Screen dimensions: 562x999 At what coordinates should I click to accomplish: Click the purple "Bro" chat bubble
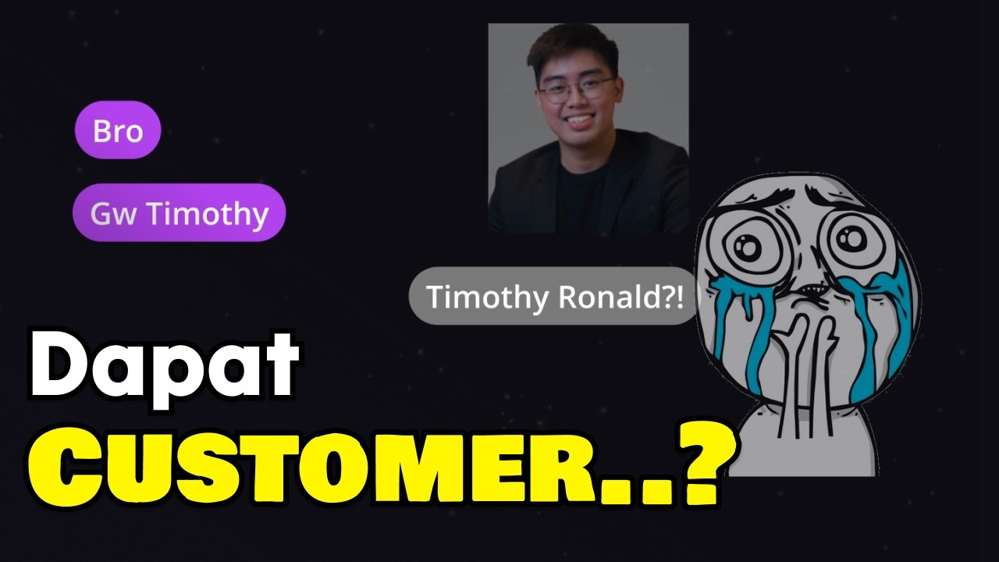coord(118,130)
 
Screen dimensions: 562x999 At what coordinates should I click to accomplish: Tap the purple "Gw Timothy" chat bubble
coord(179,213)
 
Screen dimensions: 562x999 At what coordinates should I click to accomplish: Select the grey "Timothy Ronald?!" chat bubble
coord(554,296)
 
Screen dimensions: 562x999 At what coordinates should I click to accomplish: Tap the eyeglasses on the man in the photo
coord(575,88)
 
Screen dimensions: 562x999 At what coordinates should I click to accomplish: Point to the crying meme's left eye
coord(746,249)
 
